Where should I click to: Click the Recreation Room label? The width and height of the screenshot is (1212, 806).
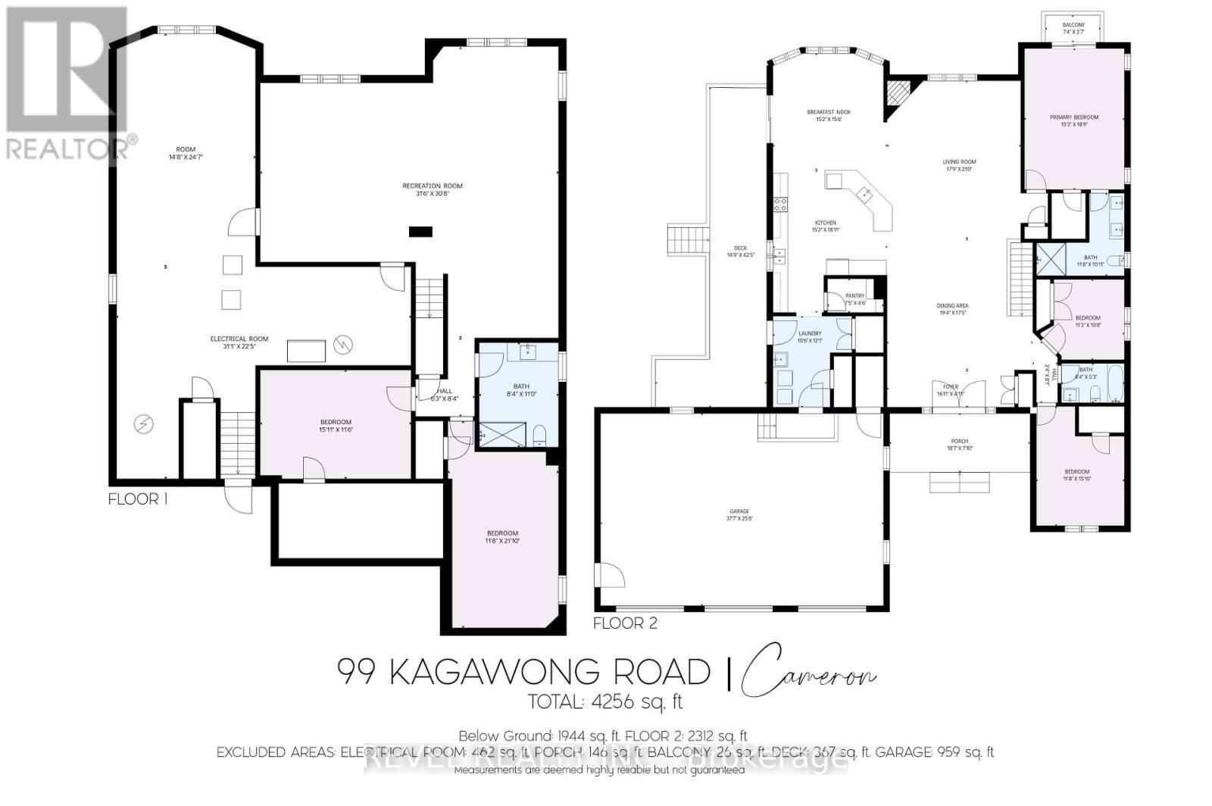pyautogui.click(x=432, y=186)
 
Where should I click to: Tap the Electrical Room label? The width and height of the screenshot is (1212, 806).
pyautogui.click(x=239, y=339)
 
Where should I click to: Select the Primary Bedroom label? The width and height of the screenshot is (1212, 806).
pyautogui.click(x=1073, y=117)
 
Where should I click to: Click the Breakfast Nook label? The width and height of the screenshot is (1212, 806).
pyautogui.click(x=823, y=112)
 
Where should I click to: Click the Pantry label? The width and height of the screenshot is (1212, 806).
pyautogui.click(x=854, y=296)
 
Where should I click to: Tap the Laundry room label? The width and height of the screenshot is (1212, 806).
pyautogui.click(x=809, y=333)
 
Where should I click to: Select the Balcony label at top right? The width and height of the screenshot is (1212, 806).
pyautogui.click(x=1073, y=25)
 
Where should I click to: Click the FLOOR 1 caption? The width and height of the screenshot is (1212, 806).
pyautogui.click(x=138, y=499)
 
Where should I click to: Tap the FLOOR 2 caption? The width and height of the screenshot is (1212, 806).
pyautogui.click(x=625, y=623)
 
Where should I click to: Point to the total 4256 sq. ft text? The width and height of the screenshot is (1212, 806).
pyautogui.click(x=605, y=702)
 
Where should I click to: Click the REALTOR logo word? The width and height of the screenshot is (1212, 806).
pyautogui.click(x=68, y=148)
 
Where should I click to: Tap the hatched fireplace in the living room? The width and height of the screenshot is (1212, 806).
pyautogui.click(x=899, y=95)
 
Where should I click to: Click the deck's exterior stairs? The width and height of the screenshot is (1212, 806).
pyautogui.click(x=688, y=240)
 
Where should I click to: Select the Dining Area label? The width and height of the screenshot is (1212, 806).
pyautogui.click(x=953, y=306)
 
